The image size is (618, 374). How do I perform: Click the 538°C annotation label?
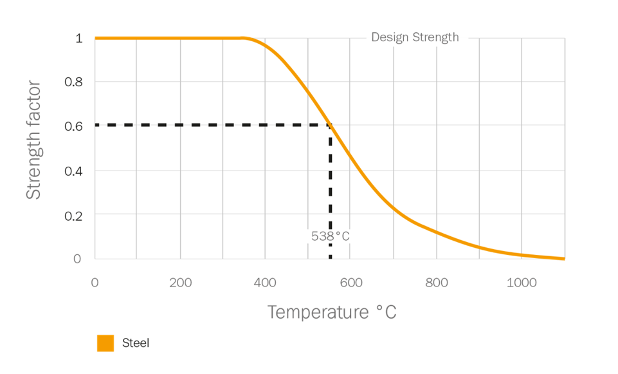331,236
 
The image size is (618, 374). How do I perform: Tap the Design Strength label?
415,37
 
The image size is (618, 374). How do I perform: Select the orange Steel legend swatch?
105,343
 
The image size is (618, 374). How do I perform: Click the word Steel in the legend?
136,343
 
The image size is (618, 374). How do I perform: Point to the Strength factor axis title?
33,140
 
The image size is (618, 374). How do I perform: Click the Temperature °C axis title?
331,313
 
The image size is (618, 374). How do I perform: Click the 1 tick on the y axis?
79,38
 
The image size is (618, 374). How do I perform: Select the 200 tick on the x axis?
180,281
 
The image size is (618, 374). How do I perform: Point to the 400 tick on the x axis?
266,281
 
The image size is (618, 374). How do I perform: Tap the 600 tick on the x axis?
351,281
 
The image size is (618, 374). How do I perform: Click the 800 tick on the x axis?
436,281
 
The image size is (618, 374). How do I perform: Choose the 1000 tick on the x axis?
522,281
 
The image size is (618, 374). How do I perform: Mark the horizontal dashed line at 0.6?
212,125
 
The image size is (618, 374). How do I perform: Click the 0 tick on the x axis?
95,281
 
